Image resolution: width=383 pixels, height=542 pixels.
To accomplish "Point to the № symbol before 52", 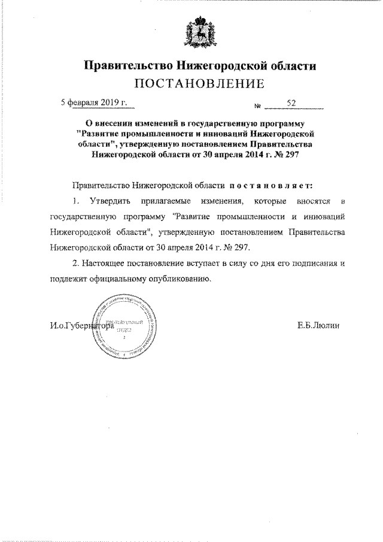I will coord(258,106).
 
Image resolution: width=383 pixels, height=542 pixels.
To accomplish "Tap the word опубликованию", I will coord(179,278).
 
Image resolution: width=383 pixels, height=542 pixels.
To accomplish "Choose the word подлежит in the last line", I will coord(69,278).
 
